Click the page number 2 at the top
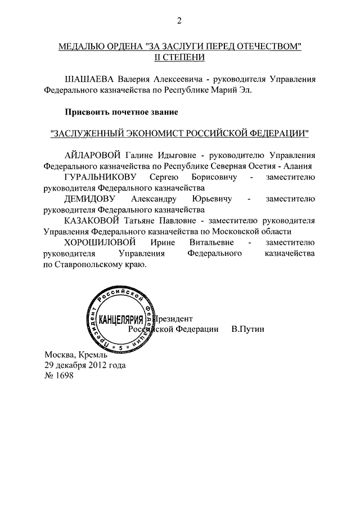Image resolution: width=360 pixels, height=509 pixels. [x=179, y=21]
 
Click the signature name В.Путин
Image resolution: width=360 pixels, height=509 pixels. [x=247, y=329]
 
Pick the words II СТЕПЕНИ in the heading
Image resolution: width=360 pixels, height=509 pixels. [x=179, y=57]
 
